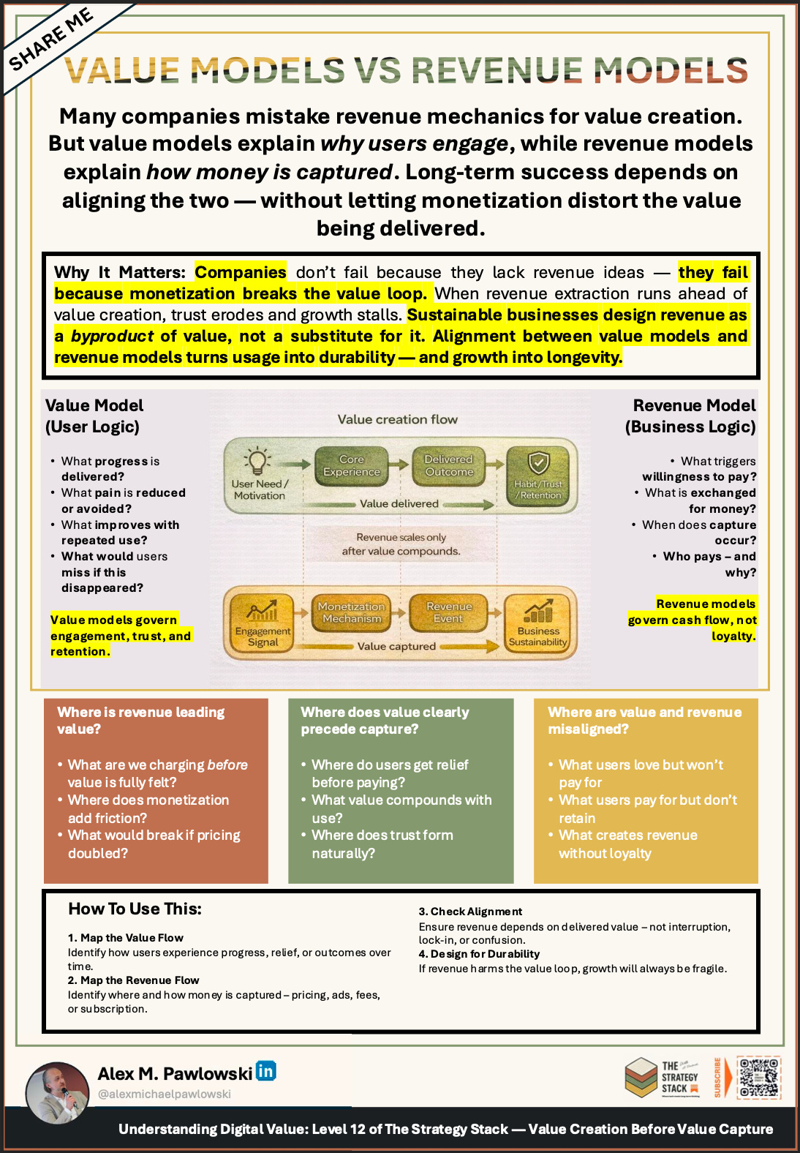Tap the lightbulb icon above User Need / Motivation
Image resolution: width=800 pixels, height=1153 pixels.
[x=257, y=462]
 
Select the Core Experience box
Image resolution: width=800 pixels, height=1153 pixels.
[x=352, y=465]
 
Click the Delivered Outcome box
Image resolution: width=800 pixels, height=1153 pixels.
[x=449, y=465]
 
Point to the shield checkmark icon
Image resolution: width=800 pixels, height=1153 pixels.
[x=539, y=463]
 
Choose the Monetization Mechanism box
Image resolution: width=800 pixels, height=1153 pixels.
[x=352, y=612]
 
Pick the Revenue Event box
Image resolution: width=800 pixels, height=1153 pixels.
[x=449, y=612]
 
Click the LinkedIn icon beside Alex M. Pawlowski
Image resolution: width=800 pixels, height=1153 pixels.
[x=265, y=1071]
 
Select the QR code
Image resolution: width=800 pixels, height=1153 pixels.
[x=758, y=1077]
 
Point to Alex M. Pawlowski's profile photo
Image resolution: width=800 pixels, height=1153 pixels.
[x=57, y=1092]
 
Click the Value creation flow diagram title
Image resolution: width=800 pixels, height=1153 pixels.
[x=397, y=419]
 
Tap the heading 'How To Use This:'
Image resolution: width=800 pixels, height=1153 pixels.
[x=135, y=909]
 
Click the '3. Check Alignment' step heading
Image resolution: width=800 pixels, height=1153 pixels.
[x=470, y=912]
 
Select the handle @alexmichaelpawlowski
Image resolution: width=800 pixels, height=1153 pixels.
[x=164, y=1094]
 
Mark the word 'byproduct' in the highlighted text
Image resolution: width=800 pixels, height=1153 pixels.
[x=112, y=336]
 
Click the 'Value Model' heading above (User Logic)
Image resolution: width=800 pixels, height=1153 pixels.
[x=94, y=405]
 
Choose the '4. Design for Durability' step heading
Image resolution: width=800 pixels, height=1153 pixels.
[x=479, y=954]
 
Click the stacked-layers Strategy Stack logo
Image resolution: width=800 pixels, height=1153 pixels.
[x=641, y=1077]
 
